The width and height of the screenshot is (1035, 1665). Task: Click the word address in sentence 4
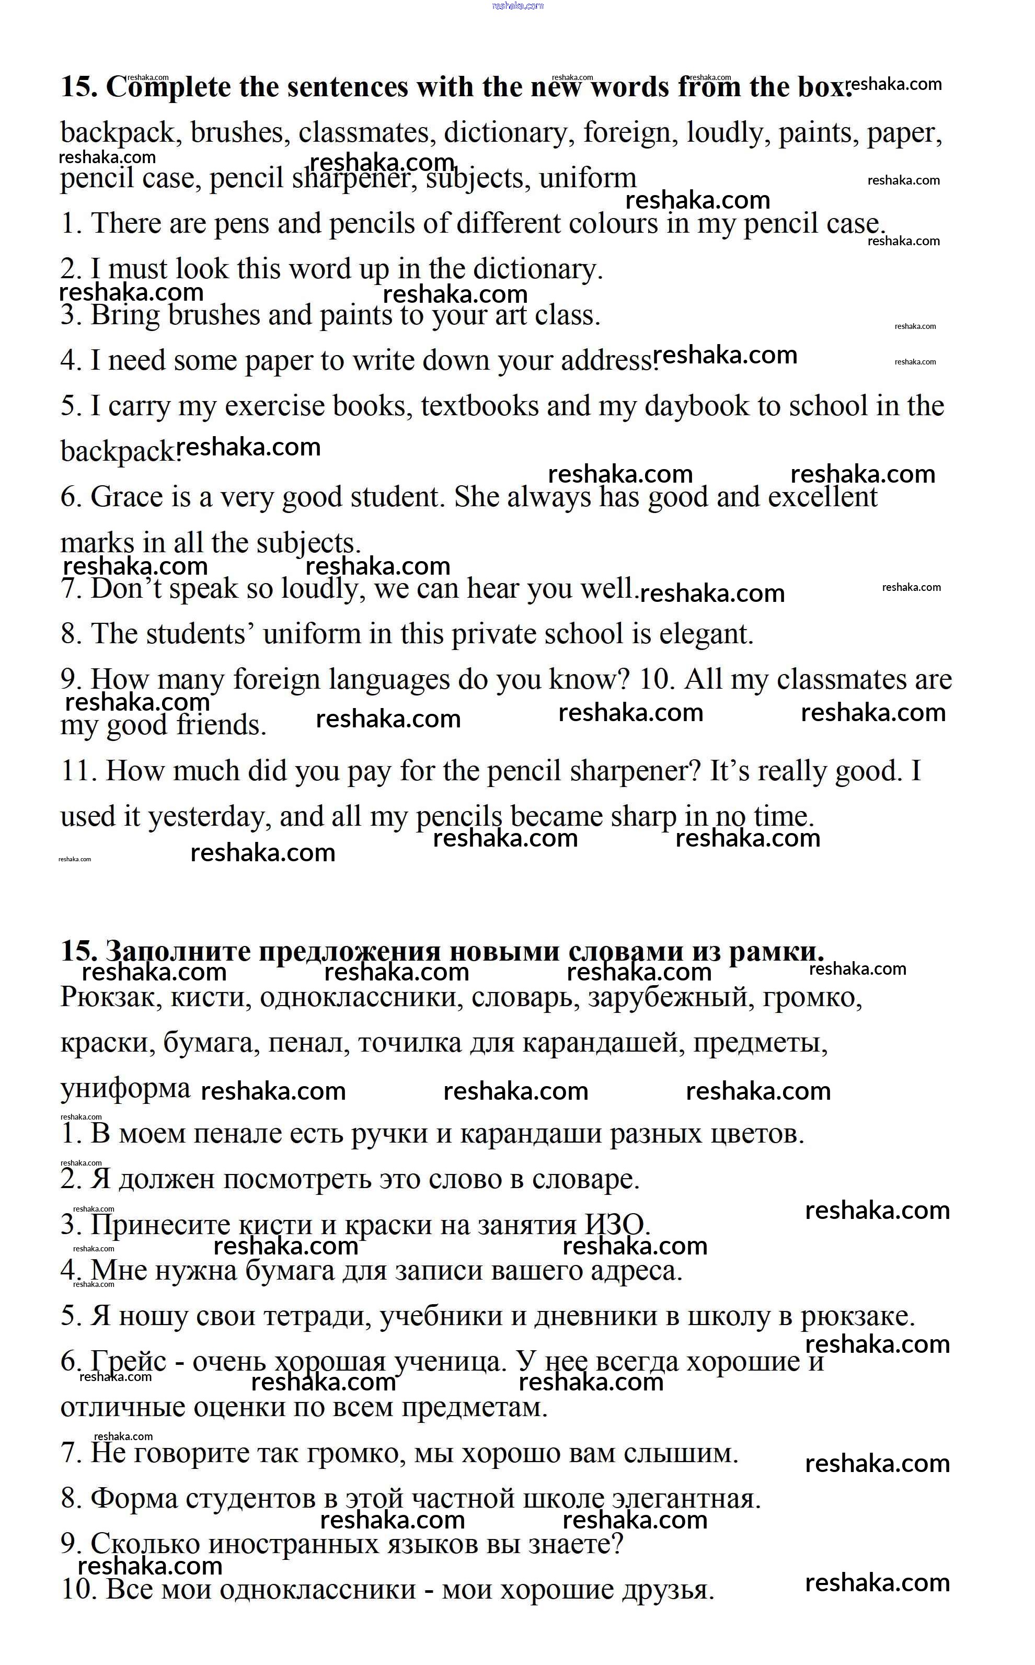click(x=607, y=361)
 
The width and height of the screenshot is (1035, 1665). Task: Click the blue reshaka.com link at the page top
click(x=517, y=5)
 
